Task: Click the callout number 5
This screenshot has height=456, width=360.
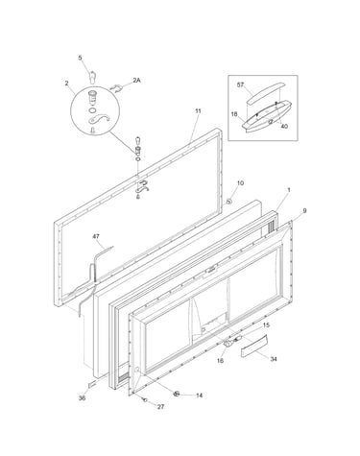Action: tap(80, 58)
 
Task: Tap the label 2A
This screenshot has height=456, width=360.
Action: tap(136, 81)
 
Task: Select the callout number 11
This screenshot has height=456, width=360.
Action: tap(198, 111)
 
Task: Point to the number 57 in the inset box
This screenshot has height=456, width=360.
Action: tap(240, 84)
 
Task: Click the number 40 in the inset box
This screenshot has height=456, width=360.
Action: tap(284, 126)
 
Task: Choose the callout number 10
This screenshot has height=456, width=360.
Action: tap(240, 183)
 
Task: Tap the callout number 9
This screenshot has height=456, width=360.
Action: tap(304, 210)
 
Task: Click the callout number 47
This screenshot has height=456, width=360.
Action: tap(96, 236)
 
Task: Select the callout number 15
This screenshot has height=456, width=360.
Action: tap(266, 325)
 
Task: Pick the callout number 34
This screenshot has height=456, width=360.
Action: tap(274, 359)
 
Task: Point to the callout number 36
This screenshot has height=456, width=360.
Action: tap(82, 398)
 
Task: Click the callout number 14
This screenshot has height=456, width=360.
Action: tap(199, 396)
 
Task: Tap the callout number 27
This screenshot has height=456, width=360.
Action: tap(160, 407)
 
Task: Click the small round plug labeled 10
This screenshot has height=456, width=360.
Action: tap(229, 202)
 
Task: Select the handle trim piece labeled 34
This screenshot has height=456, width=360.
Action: tap(253, 346)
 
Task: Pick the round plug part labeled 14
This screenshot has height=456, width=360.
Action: tap(176, 394)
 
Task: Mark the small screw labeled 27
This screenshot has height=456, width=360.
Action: tap(145, 399)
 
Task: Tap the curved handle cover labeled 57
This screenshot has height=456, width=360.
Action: tap(265, 93)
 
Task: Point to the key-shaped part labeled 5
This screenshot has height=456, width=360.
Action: tap(92, 77)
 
